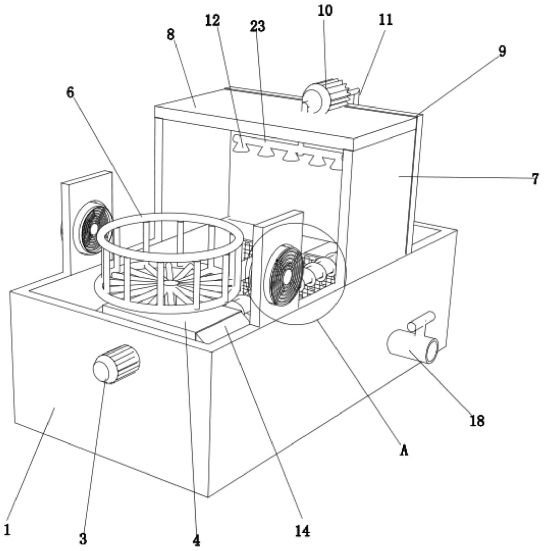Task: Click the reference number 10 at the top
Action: click(325, 11)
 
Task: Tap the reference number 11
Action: click(386, 20)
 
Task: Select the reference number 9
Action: click(502, 51)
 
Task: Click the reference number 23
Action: click(258, 26)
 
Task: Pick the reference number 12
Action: click(213, 21)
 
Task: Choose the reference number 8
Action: click(171, 34)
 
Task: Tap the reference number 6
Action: click(70, 92)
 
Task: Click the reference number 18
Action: click(477, 421)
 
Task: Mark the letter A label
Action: click(404, 450)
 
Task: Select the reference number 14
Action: click(302, 531)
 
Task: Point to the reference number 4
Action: click(196, 541)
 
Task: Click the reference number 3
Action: click(83, 539)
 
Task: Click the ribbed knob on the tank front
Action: click(116, 364)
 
